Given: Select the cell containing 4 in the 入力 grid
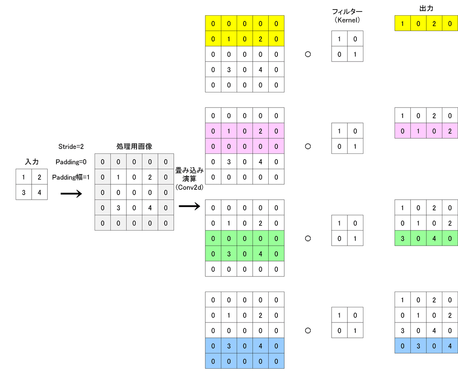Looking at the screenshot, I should (39, 192).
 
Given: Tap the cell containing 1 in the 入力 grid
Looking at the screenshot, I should (24, 177).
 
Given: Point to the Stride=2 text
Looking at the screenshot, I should (71, 147).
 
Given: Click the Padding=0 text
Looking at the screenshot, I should (71, 162).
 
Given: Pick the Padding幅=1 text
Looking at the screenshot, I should (71, 177).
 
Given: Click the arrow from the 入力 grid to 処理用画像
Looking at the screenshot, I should (71, 194).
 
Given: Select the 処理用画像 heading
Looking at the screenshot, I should (134, 147).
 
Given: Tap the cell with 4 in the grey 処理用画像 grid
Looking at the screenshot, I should (150, 208).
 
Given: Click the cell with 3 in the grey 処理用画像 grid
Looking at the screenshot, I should (118, 208).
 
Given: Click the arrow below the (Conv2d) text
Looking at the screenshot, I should (189, 207).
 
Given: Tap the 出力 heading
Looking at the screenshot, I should (426, 8).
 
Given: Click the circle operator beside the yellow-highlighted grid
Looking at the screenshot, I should (308, 54).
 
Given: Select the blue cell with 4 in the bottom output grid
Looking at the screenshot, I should (450, 346).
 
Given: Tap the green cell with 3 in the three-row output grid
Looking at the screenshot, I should (403, 239).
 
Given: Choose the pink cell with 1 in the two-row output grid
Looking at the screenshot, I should (418, 131).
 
